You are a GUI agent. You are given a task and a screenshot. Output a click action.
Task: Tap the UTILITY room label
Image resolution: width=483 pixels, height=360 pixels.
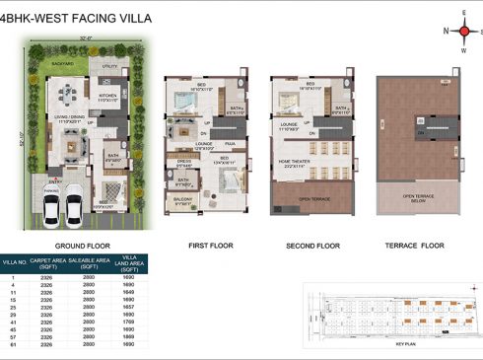[108, 66]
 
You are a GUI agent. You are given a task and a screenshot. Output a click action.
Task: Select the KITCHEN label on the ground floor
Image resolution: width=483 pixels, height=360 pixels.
[107, 97]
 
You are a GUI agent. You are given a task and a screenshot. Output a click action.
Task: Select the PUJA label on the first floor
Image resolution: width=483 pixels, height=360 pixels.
[226, 143]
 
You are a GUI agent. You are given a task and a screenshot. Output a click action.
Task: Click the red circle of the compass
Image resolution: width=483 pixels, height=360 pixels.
[464, 31]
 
